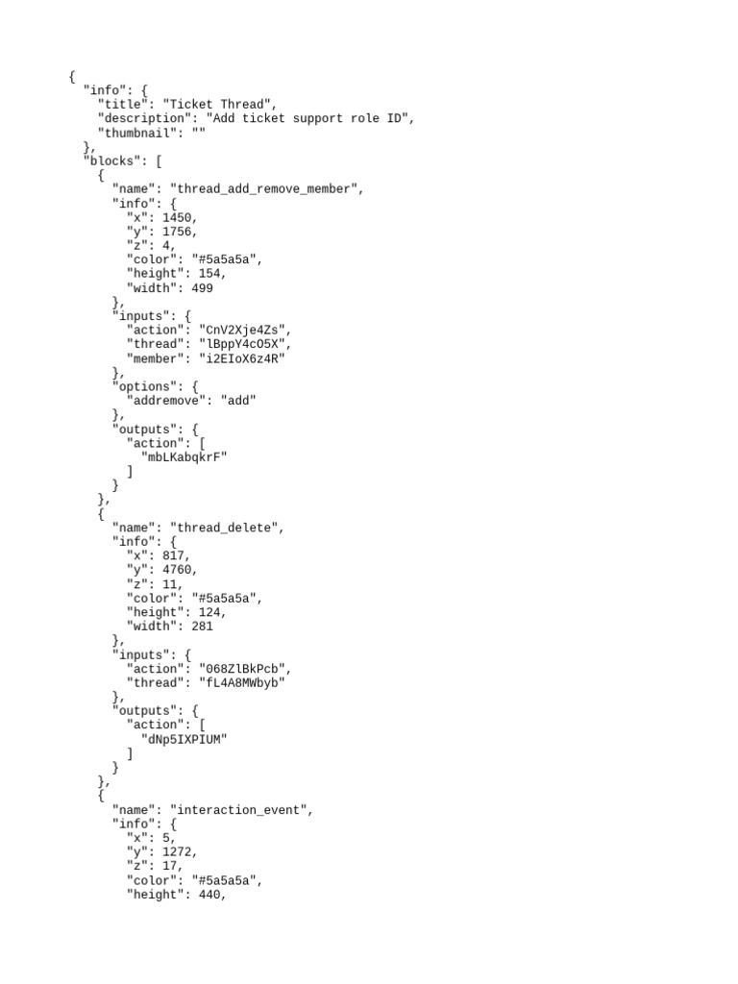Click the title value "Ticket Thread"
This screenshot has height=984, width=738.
point(220,105)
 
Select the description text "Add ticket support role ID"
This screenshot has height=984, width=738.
point(309,119)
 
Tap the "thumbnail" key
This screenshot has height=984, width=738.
point(137,133)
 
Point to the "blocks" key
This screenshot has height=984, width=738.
point(111,161)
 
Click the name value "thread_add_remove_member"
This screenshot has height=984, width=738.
point(266,189)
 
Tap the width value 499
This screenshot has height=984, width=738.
point(201,287)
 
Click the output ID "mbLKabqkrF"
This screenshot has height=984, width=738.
point(184,456)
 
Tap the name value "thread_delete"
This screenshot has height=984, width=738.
point(227,528)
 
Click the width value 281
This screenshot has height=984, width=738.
point(201,627)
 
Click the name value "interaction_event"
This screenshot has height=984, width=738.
point(241,810)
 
